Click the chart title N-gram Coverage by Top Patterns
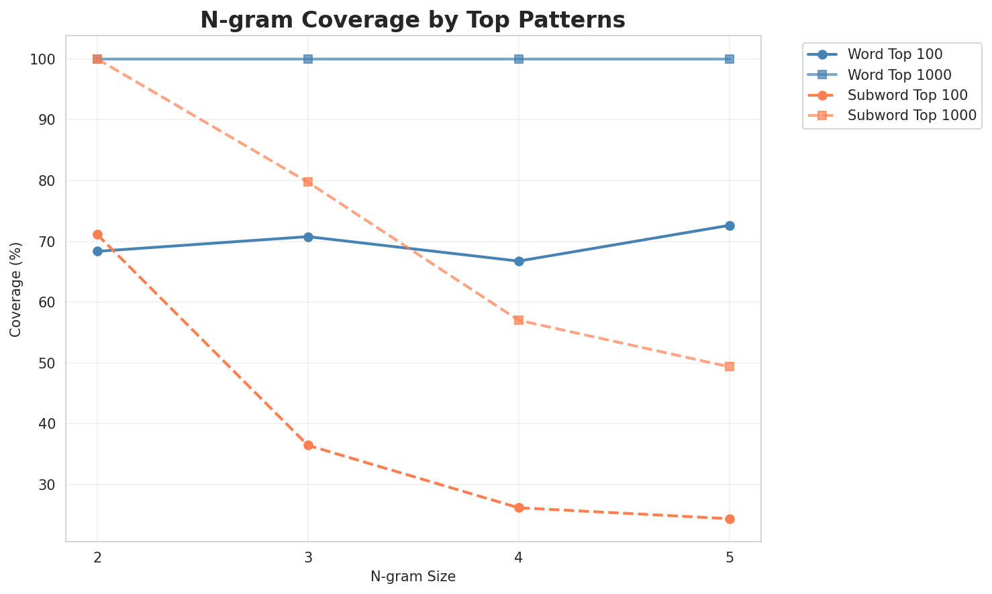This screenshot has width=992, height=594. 413,20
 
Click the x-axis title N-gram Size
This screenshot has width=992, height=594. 413,577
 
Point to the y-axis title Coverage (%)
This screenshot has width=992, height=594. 15,289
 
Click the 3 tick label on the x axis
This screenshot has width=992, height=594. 308,558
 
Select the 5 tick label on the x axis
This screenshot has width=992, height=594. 730,558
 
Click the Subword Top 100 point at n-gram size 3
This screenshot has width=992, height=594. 308,445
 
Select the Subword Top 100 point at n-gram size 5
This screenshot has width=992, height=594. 730,519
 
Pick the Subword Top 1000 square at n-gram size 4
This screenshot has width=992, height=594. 519,320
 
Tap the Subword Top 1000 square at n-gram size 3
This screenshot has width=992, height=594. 308,182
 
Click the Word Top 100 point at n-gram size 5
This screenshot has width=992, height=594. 730,226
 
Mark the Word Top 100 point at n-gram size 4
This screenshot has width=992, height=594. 519,261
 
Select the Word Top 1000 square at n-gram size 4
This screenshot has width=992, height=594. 519,59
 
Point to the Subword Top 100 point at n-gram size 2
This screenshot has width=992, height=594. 97,234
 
